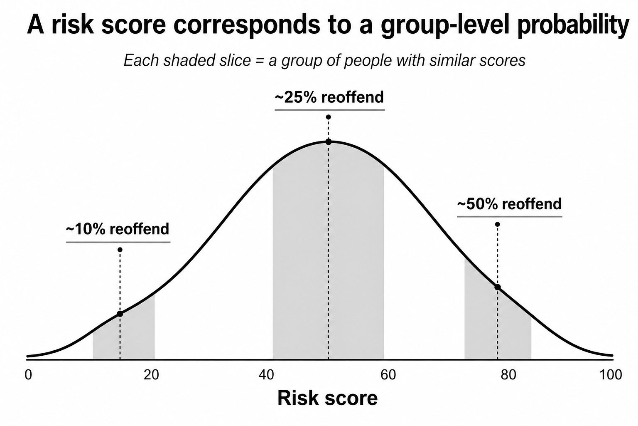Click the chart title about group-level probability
328,25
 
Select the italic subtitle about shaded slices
324,61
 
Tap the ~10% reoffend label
118,229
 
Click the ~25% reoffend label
329,97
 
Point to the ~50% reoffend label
510,204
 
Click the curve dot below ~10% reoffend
120,314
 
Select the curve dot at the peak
329,142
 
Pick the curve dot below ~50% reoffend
498,287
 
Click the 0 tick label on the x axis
28,375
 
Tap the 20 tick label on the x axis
151,375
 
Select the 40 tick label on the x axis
266,375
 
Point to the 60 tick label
388,375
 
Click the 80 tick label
508,375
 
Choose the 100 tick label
611,375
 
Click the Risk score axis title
327,398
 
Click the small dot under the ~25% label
329,117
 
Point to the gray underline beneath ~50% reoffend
510,217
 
